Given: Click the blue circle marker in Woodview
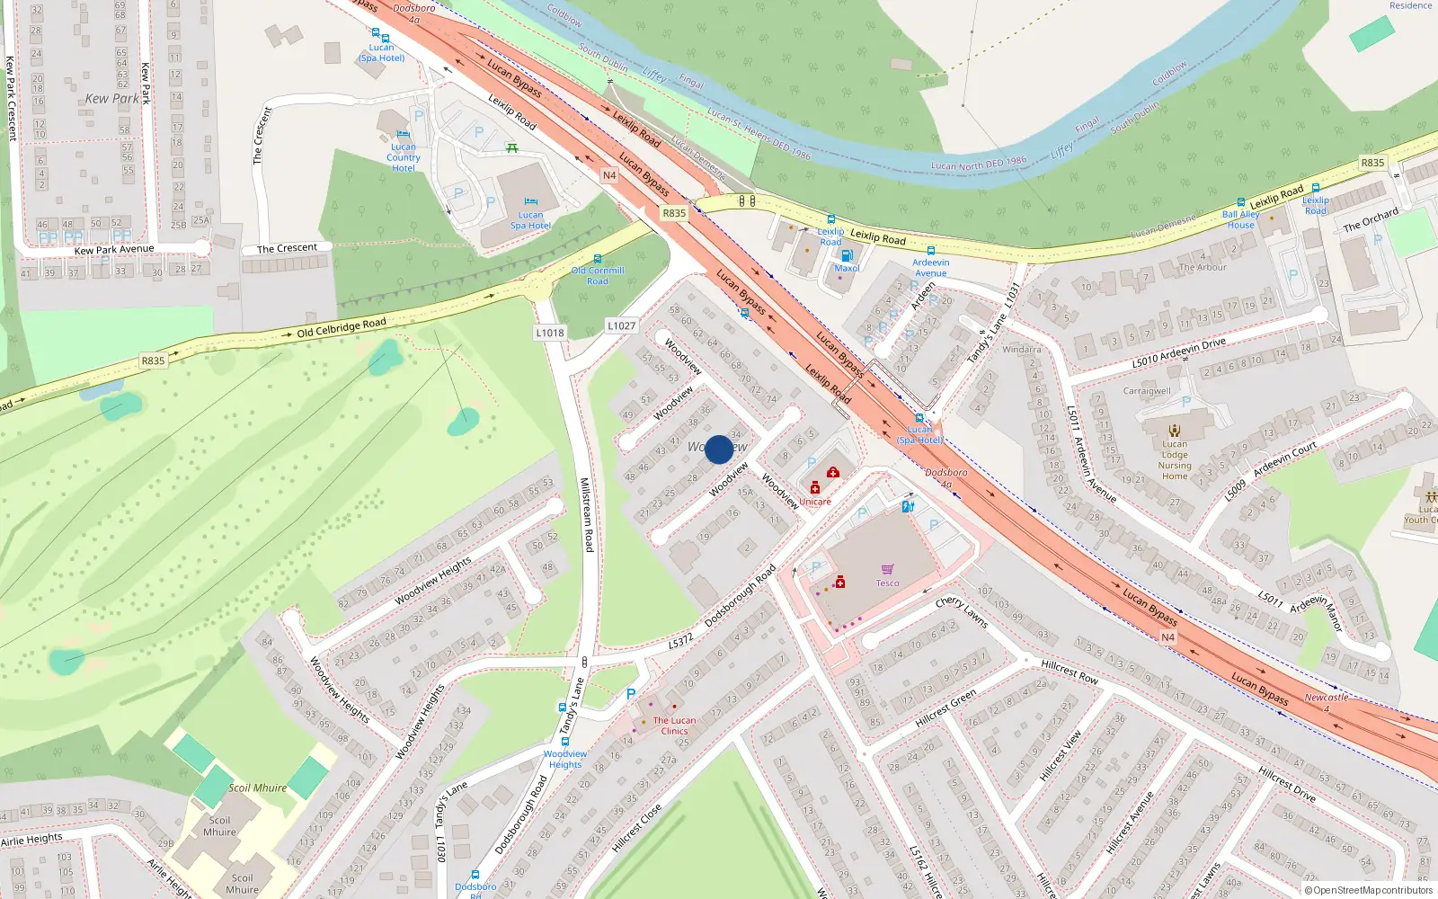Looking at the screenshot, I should (x=719, y=449).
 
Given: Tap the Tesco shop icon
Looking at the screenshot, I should (x=887, y=570).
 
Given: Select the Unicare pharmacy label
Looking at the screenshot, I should (x=815, y=502).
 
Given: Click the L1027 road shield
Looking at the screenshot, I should (x=621, y=325).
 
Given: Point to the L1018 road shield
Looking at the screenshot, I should (x=550, y=333).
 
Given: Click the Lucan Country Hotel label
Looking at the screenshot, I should (x=404, y=157).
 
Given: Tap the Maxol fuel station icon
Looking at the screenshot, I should (x=847, y=255).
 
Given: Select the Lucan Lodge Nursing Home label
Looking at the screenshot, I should (x=1175, y=459).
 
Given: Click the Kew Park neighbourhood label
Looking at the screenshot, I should (x=113, y=99).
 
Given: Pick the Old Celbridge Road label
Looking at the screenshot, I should (x=342, y=327).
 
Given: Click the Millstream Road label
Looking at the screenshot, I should (x=585, y=514).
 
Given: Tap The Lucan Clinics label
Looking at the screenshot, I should (x=674, y=725).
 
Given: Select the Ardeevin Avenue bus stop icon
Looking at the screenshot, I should (x=931, y=251).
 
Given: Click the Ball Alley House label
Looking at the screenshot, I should (x=1240, y=219).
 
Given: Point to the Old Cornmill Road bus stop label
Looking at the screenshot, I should (x=598, y=275).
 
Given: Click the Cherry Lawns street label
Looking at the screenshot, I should (x=962, y=613).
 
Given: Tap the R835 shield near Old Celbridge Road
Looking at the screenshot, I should (x=153, y=360).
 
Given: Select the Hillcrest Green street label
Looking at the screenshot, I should (x=945, y=709).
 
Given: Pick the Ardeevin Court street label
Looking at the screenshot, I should (x=1285, y=458).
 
